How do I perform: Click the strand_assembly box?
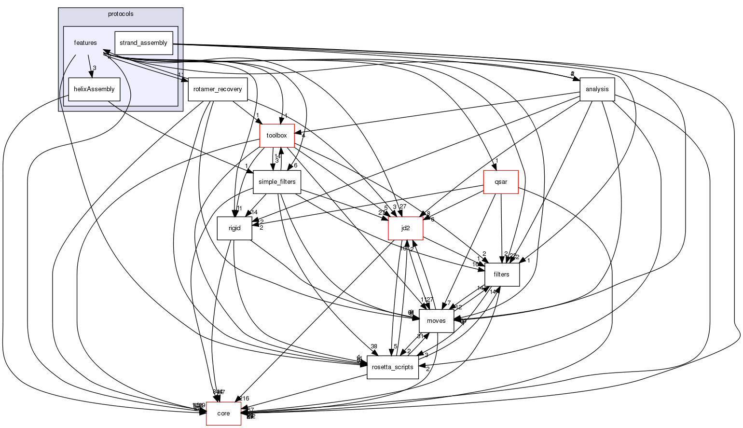[x=143, y=43]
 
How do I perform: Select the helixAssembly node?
[x=94, y=89]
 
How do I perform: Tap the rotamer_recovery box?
[x=218, y=89]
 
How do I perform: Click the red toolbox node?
[x=277, y=136]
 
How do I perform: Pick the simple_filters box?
[x=277, y=182]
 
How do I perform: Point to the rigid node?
[x=234, y=228]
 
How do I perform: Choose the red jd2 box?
[x=406, y=228]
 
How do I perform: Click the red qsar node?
[x=501, y=182]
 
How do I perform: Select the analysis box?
[x=597, y=89]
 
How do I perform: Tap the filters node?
[x=502, y=275]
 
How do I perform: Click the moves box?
[x=436, y=321]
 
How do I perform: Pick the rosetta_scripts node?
[x=393, y=367]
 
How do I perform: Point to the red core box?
[x=223, y=414]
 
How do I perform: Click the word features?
[x=85, y=43]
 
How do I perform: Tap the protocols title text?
[x=121, y=14]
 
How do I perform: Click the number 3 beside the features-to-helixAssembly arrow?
[x=95, y=68]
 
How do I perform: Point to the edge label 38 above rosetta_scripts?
[x=374, y=346]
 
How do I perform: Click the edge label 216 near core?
[x=244, y=399]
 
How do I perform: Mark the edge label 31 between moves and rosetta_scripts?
[x=420, y=336]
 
